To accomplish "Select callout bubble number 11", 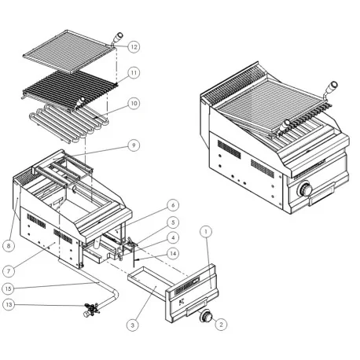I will (x=134, y=72).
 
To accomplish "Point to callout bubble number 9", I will (x=134, y=145).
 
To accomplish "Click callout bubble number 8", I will (x=9, y=246).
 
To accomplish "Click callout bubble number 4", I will (x=173, y=237).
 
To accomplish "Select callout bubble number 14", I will (x=173, y=253).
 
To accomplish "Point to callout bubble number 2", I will (x=221, y=323).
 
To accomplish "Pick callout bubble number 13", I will (x=9, y=305).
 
